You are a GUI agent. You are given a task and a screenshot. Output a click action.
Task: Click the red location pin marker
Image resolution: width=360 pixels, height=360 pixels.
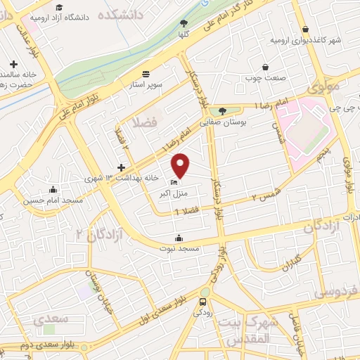coord(181,165)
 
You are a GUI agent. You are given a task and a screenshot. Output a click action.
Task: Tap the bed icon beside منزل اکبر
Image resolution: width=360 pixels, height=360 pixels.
coord(174,184)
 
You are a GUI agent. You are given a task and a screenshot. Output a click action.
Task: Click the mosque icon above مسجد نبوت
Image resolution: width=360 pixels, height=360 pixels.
coord(182,237)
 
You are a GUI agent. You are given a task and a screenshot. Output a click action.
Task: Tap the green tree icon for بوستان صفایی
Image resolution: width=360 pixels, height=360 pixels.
coord(222,110)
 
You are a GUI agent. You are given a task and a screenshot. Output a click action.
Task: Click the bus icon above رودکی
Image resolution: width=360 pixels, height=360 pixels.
coord(202,303)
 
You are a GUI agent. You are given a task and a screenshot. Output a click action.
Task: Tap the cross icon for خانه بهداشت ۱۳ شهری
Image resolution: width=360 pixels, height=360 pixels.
coord(121,167)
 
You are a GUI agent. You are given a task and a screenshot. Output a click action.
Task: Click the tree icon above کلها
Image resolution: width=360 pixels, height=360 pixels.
coord(184,23)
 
